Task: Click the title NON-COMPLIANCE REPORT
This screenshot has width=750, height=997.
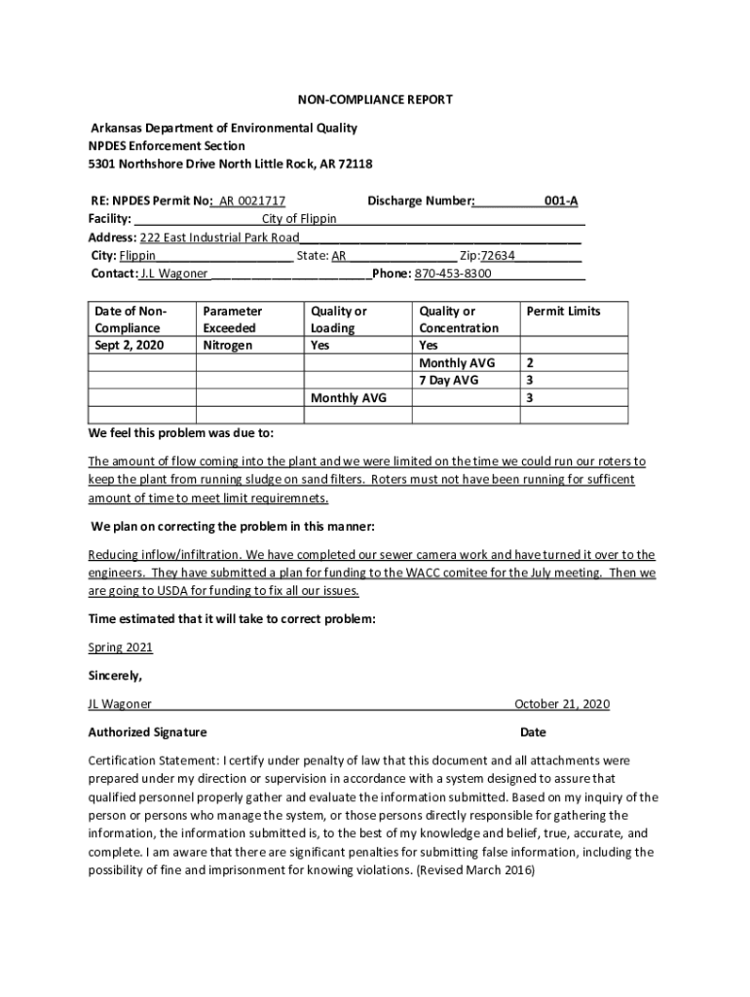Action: click(x=374, y=100)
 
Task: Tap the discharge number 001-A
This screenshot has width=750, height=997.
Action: click(x=561, y=202)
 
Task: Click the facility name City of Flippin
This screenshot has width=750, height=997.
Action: click(x=299, y=219)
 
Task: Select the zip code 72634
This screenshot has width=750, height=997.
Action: click(x=498, y=256)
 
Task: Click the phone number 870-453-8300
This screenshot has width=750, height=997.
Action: click(x=453, y=274)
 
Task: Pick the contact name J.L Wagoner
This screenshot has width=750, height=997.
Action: click(x=174, y=274)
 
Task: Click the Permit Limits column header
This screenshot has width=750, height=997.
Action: click(x=563, y=312)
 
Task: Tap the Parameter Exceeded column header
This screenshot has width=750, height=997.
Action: click(x=232, y=319)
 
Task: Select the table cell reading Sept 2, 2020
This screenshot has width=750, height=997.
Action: click(x=129, y=346)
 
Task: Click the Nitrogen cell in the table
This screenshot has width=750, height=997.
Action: click(x=227, y=346)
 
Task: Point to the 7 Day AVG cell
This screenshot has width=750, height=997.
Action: click(x=448, y=381)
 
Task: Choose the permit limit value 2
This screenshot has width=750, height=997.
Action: click(x=529, y=363)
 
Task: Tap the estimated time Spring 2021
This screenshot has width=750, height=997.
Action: click(x=120, y=647)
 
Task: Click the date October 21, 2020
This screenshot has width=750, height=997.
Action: click(x=561, y=704)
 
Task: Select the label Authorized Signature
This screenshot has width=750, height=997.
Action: click(x=147, y=732)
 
